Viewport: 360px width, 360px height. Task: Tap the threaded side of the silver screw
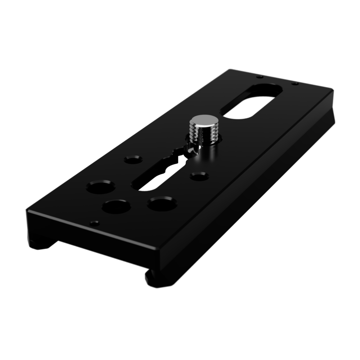(x=203, y=134)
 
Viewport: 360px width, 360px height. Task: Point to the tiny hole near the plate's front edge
(x=95, y=223)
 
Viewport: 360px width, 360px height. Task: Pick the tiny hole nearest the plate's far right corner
(x=295, y=84)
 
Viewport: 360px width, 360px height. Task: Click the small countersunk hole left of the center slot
(x=133, y=159)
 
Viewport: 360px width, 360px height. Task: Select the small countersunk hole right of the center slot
(x=199, y=176)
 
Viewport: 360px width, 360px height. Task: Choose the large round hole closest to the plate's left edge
(x=101, y=187)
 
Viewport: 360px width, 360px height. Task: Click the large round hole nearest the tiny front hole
(x=116, y=207)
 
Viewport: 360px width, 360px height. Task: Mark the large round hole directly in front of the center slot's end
(x=162, y=204)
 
